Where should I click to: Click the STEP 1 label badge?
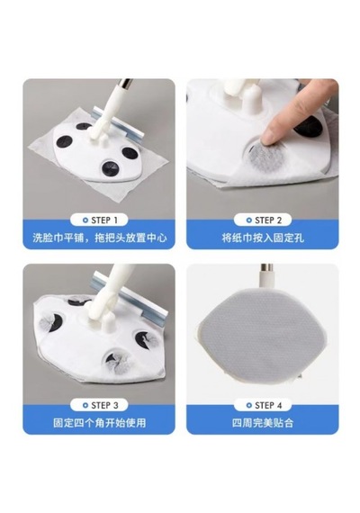click(99, 220)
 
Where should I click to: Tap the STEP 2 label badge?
click(263, 220)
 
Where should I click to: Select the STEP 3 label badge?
click(99, 405)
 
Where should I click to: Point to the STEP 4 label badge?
click(263, 405)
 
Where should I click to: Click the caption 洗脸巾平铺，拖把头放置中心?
click(100, 238)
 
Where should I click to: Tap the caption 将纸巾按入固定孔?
click(263, 238)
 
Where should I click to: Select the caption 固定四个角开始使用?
click(100, 423)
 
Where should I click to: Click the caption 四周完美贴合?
click(263, 423)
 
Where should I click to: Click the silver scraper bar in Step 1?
click(118, 123)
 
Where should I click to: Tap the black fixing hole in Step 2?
click(308, 128)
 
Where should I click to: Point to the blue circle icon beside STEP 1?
click(85, 220)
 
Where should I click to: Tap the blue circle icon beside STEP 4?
click(249, 405)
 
